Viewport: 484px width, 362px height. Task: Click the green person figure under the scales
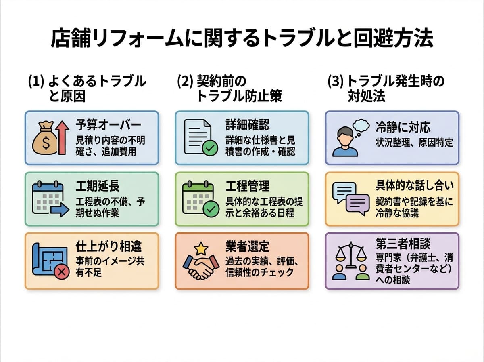363,274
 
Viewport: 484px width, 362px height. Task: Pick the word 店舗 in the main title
67,39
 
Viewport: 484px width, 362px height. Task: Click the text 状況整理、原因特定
414,142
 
